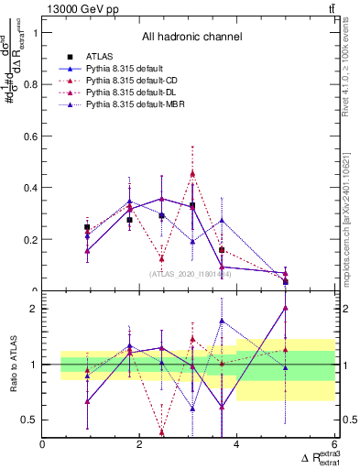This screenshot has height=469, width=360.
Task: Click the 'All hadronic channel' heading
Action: click(191, 38)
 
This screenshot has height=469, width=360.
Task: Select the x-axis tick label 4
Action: click(236, 445)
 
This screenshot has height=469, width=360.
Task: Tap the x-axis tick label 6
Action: click(333, 445)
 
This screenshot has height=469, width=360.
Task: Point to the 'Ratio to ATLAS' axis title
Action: click(12, 365)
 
